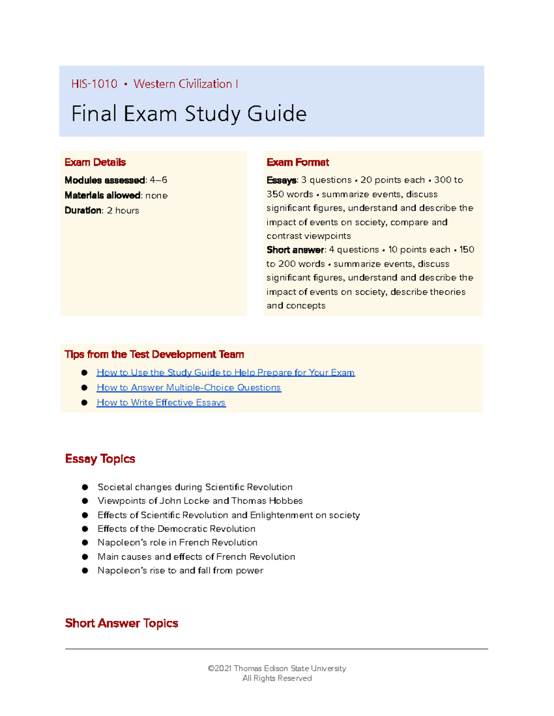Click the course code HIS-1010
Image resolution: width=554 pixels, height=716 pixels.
click(x=94, y=84)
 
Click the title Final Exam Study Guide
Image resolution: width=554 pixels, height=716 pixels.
click(x=188, y=114)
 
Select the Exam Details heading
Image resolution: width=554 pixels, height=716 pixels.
click(x=95, y=162)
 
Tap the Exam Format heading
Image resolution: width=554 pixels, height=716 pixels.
click(x=298, y=162)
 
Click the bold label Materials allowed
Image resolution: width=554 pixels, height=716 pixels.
click(x=102, y=195)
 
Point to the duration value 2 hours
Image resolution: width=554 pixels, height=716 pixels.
click(x=123, y=211)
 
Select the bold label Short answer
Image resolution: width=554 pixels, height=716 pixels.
click(x=295, y=250)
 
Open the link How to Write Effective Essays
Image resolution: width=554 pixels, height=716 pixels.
click(x=161, y=402)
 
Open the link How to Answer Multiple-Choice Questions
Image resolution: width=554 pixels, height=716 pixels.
click(x=188, y=388)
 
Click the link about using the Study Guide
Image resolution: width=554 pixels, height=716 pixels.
click(x=225, y=373)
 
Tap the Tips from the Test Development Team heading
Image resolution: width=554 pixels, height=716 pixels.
click(x=154, y=355)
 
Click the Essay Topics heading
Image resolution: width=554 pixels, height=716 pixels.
click(x=100, y=459)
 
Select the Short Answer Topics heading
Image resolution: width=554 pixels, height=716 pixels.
click(x=121, y=623)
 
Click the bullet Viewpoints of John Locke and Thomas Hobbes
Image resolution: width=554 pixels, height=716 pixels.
click(x=200, y=501)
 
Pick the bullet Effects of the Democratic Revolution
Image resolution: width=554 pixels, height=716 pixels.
click(x=176, y=529)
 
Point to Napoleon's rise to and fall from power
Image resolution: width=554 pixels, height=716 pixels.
click(x=180, y=571)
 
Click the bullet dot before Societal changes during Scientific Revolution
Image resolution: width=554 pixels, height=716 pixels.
click(x=85, y=487)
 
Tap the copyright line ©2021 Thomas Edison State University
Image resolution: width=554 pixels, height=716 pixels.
click(x=277, y=669)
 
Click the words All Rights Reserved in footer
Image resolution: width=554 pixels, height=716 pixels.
click(x=277, y=678)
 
